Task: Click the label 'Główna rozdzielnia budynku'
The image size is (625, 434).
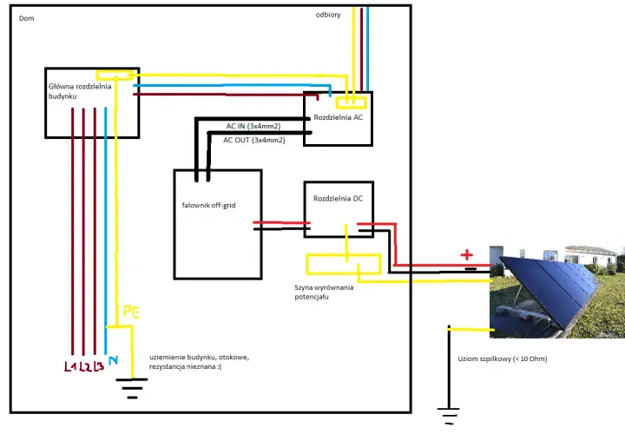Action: tap(80, 91)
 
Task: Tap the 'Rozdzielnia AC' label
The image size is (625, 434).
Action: tap(338, 117)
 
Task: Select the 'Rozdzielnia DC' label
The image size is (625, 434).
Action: tap(338, 199)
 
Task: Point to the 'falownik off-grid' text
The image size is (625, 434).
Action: tap(208, 205)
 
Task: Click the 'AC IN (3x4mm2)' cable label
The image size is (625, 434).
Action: tap(253, 127)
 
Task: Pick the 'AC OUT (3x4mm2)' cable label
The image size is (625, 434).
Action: tap(253, 141)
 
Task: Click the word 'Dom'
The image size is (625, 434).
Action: tap(26, 18)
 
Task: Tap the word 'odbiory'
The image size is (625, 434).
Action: tap(328, 15)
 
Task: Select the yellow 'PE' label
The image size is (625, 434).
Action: tap(131, 312)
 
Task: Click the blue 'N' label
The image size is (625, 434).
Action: tap(113, 360)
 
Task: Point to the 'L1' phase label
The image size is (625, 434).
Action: tap(69, 366)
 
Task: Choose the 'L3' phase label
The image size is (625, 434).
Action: tap(98, 366)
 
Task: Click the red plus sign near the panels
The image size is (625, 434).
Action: tap(467, 254)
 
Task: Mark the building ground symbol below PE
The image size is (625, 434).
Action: tap(132, 388)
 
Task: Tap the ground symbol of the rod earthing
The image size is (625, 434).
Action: tap(449, 416)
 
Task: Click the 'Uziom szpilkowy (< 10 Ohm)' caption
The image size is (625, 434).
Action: tap(503, 358)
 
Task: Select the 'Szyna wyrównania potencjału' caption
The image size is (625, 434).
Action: tap(324, 293)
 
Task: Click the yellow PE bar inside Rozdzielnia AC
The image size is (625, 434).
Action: tap(352, 102)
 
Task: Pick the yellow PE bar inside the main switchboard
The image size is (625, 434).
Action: tap(115, 76)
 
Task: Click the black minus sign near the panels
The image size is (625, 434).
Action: tap(470, 269)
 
